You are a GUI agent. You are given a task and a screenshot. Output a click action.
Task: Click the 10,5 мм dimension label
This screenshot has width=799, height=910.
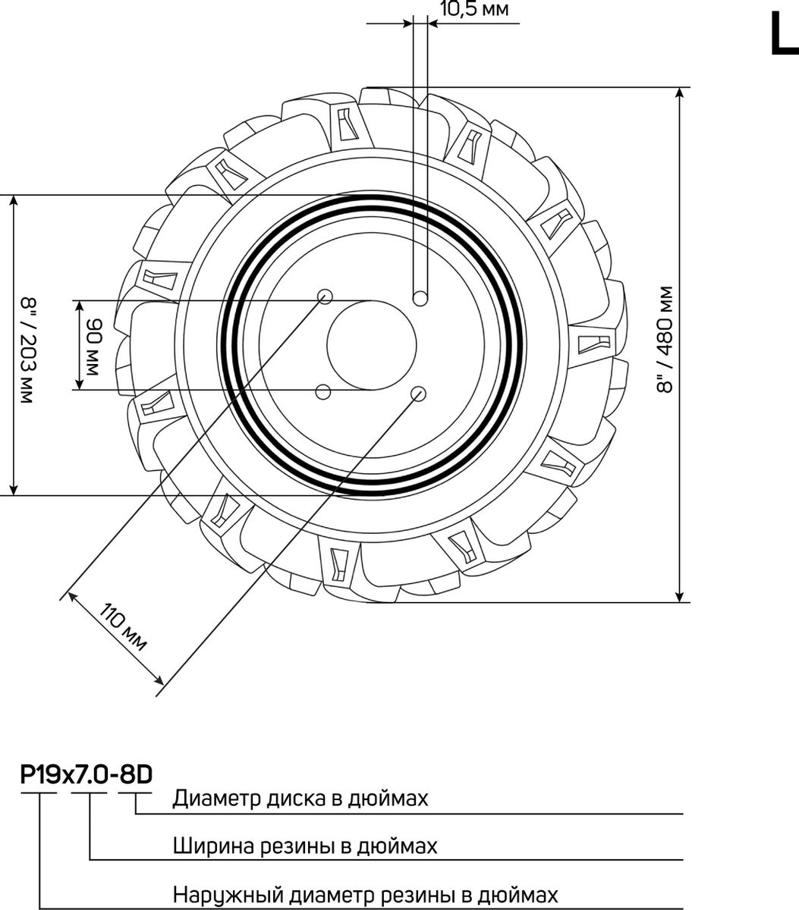pyautogui.click(x=474, y=9)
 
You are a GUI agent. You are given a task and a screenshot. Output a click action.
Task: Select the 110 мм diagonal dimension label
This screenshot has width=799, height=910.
pyautogui.click(x=123, y=629)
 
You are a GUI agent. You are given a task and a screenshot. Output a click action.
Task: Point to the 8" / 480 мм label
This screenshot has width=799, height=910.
pyautogui.click(x=665, y=340)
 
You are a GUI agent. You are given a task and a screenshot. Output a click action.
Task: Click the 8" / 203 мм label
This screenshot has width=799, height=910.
pyautogui.click(x=28, y=350)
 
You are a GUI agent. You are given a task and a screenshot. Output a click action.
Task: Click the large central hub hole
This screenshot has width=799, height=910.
pyautogui.click(x=372, y=345)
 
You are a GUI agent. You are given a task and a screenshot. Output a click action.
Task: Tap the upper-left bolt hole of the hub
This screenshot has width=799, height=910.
pyautogui.click(x=325, y=297)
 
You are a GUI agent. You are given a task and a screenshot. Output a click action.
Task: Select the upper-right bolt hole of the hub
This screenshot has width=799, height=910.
pyautogui.click(x=420, y=298)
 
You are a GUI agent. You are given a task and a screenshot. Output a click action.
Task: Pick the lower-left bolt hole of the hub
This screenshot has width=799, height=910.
pyautogui.click(x=323, y=391)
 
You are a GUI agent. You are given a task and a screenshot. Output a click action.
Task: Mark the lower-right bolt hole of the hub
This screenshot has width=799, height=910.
pyautogui.click(x=418, y=394)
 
